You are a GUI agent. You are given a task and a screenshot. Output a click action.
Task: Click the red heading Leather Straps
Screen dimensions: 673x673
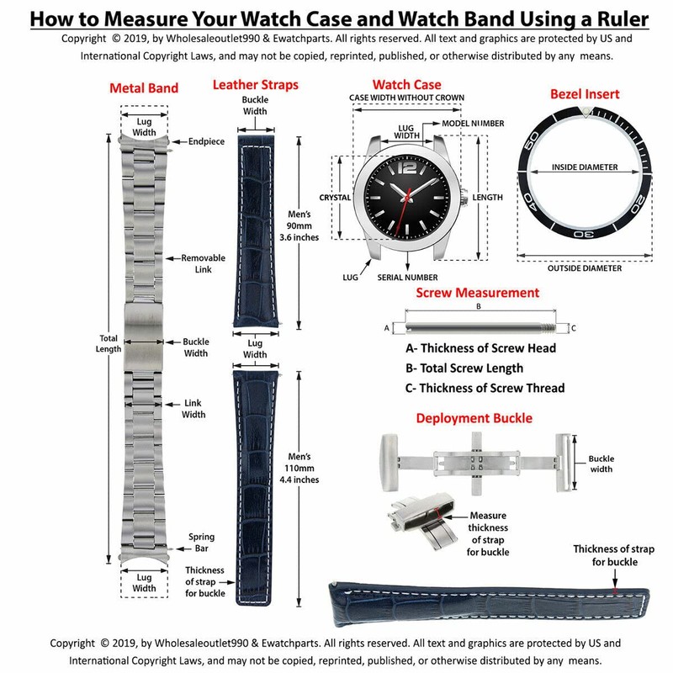click(255, 85)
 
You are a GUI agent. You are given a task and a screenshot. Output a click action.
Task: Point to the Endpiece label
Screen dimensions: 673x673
click(206, 141)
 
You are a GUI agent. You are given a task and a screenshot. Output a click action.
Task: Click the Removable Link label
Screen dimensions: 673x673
click(202, 263)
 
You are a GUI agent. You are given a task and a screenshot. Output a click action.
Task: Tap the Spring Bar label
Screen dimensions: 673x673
click(202, 542)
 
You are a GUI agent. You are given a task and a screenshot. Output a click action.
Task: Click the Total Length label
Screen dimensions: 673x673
click(108, 343)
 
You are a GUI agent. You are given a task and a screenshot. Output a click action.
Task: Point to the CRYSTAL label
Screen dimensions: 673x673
click(334, 198)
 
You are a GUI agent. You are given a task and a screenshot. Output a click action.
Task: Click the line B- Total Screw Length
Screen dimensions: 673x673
click(464, 368)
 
